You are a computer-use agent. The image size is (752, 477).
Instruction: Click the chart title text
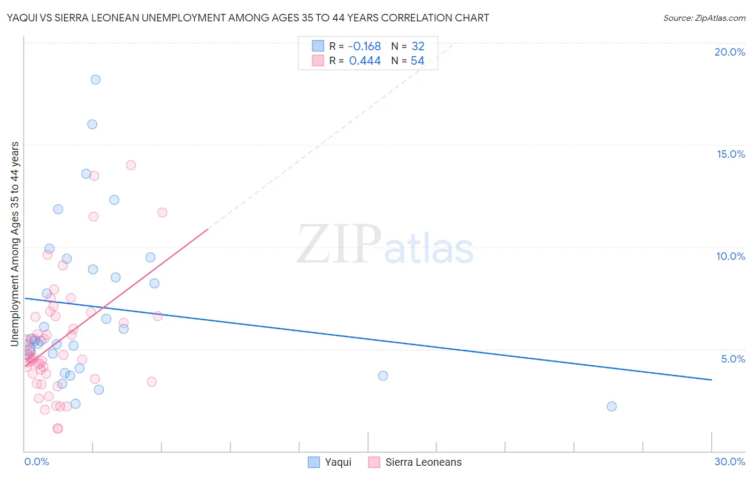coord(248,18)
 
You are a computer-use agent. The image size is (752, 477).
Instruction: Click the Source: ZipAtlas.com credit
coord(704,18)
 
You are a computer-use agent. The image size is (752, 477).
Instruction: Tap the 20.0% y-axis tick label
coord(730,52)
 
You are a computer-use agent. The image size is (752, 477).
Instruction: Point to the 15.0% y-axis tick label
coord(731,154)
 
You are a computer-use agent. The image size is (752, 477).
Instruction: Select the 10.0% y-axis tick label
coord(731,256)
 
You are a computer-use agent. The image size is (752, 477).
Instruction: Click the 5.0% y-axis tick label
coord(733,359)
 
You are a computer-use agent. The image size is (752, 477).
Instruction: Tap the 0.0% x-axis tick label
coord(36,461)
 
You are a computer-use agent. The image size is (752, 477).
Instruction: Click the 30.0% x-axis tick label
coord(730,461)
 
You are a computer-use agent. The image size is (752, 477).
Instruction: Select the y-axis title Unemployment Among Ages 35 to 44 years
coord(15,244)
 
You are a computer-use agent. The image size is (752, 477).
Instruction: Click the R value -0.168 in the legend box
coord(364,46)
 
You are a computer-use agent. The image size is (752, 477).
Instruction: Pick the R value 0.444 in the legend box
coord(365,61)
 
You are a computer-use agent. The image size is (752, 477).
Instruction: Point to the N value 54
coord(417,61)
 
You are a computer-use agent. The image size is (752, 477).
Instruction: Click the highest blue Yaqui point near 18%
coord(95,80)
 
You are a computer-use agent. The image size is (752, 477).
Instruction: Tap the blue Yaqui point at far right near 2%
coord(611,406)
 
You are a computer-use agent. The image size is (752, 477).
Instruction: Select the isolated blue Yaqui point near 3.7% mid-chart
coord(383,375)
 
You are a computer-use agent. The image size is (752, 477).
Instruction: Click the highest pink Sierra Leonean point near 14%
coord(131,165)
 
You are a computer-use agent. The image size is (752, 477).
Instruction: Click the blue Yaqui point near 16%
coord(92,124)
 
